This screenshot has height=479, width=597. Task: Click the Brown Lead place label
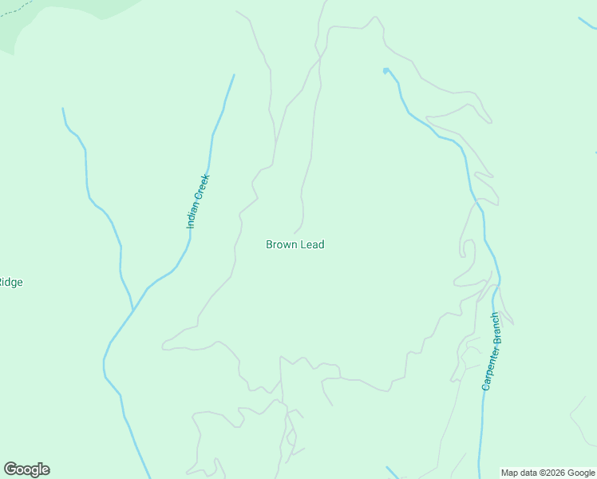click(295, 245)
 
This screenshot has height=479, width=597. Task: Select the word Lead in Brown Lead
click(312, 245)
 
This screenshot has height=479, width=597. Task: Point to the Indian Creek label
click(197, 201)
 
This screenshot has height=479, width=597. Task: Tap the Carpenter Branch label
click(492, 350)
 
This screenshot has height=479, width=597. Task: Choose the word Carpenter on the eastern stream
click(488, 366)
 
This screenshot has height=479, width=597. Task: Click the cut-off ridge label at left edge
click(10, 282)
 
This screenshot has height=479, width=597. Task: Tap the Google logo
click(26, 469)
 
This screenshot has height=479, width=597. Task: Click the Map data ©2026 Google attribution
click(548, 473)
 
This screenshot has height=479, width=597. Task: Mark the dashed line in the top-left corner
click(16, 9)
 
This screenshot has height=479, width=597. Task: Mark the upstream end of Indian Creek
click(234, 76)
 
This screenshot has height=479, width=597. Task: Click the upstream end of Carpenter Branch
click(385, 70)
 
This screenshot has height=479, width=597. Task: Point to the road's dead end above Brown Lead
click(295, 233)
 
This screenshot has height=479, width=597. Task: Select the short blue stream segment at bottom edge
click(392, 473)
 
